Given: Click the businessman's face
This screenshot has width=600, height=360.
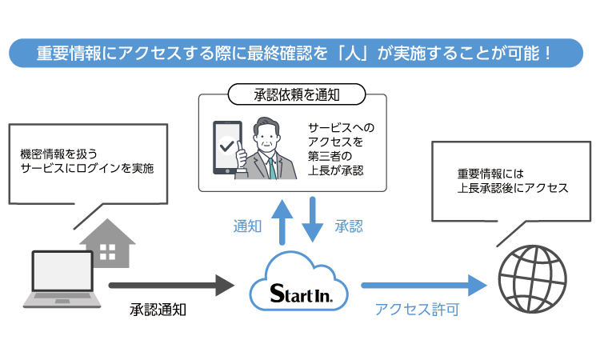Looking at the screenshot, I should [267, 135].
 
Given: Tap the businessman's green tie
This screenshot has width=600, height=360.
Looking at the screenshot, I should [272, 166].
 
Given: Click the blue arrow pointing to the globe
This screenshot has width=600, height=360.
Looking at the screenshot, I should [423, 284].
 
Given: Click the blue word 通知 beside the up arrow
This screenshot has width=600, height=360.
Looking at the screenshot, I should [247, 226].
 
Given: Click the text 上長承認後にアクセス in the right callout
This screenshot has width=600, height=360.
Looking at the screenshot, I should [513, 188].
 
